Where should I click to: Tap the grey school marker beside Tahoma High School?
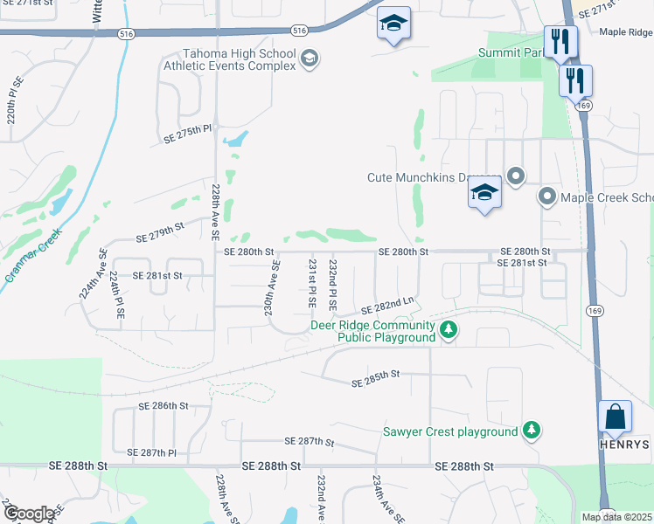309,59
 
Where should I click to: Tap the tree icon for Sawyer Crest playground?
531,430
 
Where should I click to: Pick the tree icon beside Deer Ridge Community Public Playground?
448,330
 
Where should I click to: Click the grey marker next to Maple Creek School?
547,196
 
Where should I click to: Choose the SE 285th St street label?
375,378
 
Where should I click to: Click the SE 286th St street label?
163,406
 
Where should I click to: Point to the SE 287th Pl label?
152,452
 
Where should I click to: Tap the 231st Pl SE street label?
312,282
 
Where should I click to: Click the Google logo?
30,513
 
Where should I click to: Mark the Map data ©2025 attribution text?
617,517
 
